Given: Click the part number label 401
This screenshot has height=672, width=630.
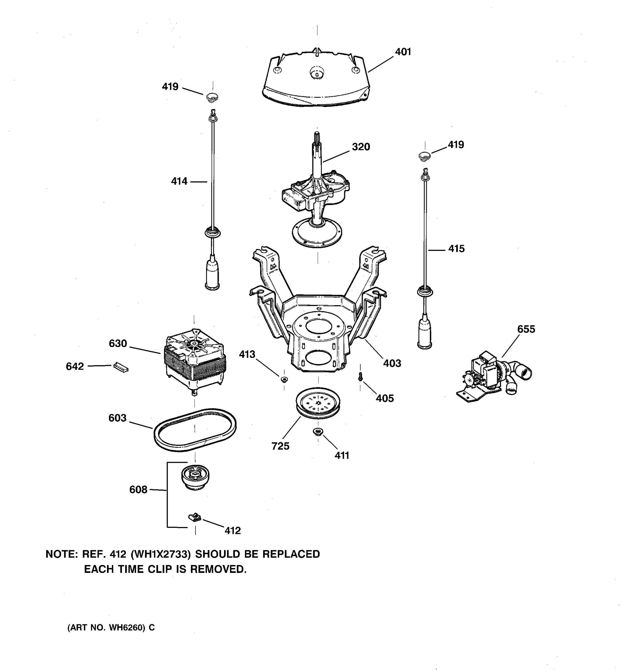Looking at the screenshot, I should point(403,52).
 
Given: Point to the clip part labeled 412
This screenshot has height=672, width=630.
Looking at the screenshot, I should point(194,517).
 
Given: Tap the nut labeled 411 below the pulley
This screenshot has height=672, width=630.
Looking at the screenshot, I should point(318,432).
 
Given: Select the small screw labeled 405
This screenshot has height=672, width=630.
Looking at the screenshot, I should point(360,376).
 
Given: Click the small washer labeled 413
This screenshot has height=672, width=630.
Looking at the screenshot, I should point(284,379).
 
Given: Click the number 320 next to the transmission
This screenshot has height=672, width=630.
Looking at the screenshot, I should point(361,147).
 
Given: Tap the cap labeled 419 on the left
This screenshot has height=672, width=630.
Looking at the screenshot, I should point(212,97).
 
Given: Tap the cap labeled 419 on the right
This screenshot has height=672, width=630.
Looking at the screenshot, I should point(424,156).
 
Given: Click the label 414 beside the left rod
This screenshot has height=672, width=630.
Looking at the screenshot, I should point(179,181).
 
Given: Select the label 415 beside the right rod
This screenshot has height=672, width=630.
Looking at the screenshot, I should point(456,249).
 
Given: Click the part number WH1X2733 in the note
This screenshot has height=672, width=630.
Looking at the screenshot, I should point(160,554).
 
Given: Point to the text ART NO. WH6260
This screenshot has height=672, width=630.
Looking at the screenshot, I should point(111,628).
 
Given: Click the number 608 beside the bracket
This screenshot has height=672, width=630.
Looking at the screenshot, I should point(138,489).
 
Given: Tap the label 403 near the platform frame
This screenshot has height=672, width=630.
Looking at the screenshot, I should point(392,363).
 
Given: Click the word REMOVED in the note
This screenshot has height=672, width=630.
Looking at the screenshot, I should point(218,570).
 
